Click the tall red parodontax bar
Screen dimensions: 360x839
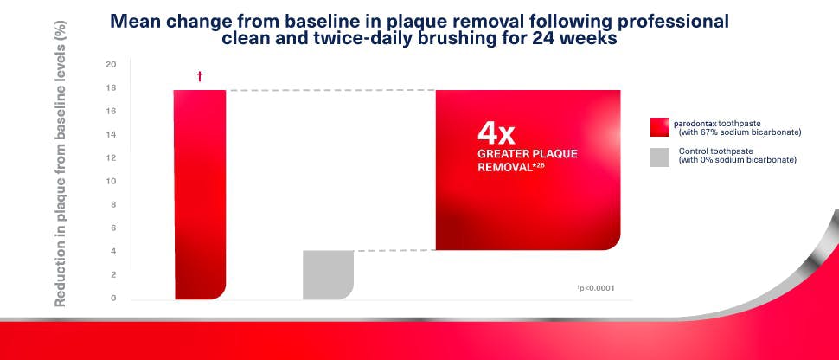[x=200, y=195]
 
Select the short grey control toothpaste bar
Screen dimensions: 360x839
[x=328, y=274]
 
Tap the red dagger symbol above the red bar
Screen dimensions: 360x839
[x=200, y=77]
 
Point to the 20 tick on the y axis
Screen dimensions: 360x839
[x=110, y=64]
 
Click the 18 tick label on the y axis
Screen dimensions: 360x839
[x=110, y=87]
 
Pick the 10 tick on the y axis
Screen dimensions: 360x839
[x=110, y=181]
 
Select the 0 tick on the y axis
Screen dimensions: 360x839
[x=112, y=298]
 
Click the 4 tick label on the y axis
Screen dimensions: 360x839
[x=112, y=251]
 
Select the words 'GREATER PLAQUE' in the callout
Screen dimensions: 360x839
[x=527, y=153]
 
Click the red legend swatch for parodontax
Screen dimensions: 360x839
[x=661, y=127]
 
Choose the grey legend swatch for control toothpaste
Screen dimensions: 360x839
[x=661, y=156]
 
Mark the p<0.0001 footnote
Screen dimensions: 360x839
[x=597, y=288]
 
